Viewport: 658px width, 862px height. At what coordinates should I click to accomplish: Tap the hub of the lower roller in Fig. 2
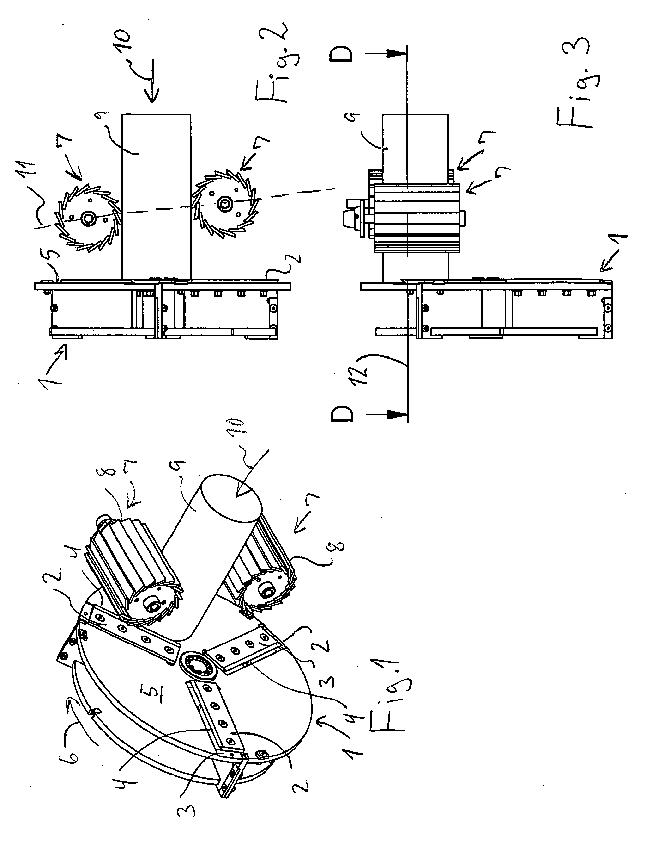click(226, 203)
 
